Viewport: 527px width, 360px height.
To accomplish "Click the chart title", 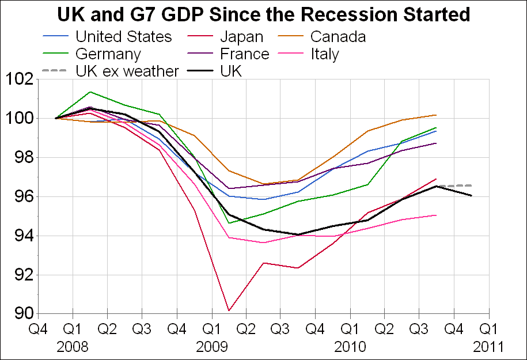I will point(263,13).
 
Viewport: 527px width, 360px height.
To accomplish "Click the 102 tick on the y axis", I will point(19,79).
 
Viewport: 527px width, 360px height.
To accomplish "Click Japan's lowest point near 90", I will point(229,311).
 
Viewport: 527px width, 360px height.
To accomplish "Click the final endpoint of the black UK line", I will point(472,196).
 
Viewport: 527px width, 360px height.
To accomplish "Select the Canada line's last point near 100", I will point(436,115).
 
